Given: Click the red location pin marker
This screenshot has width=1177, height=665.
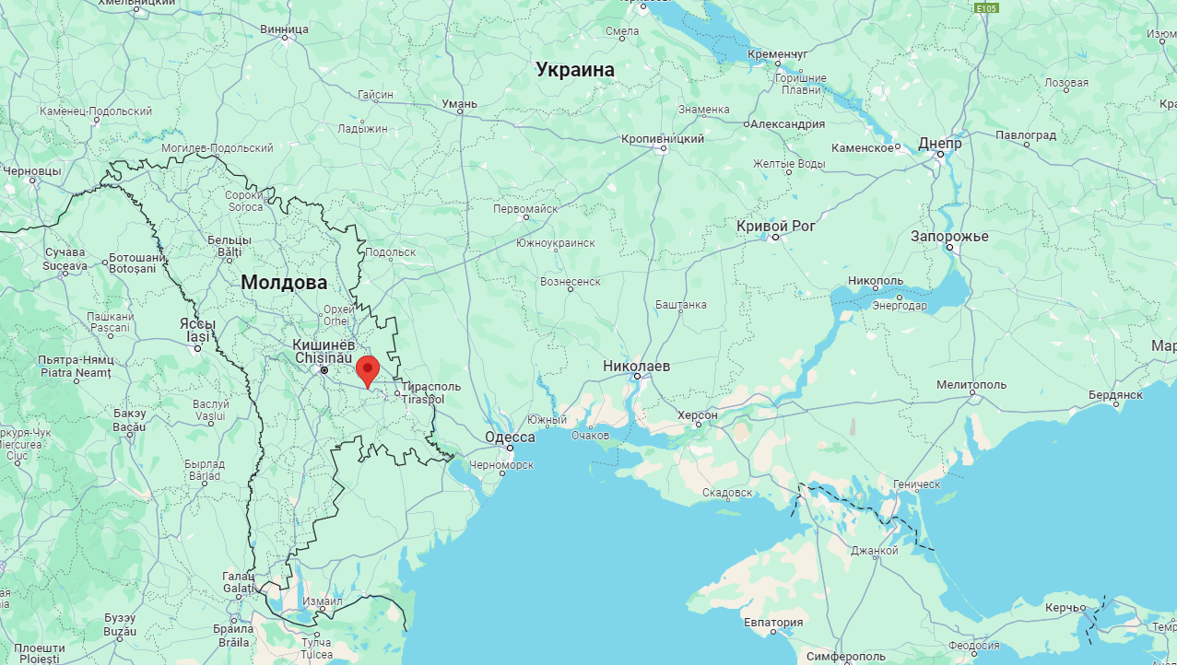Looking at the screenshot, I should point(368,370).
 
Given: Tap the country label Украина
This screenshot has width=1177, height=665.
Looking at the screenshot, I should point(575,69).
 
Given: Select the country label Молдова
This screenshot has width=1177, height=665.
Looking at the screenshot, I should point(284,283).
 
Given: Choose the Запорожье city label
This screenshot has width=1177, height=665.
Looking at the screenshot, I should point(949,236).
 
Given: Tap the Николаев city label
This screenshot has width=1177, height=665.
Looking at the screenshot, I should point(636,366).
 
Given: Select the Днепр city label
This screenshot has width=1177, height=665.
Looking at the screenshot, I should point(940,144).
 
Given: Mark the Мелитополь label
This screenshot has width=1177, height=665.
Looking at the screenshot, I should point(971,384).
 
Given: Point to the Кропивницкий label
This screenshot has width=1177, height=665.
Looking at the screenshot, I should point(662,138).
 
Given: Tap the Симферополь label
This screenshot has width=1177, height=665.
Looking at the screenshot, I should point(845,656).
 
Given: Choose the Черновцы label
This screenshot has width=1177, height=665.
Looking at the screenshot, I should point(31,170).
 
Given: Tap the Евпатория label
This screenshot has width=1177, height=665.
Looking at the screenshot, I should point(773,622).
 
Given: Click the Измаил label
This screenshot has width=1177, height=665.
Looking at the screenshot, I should point(323,601).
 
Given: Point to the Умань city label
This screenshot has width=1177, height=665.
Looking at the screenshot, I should point(459,104).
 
